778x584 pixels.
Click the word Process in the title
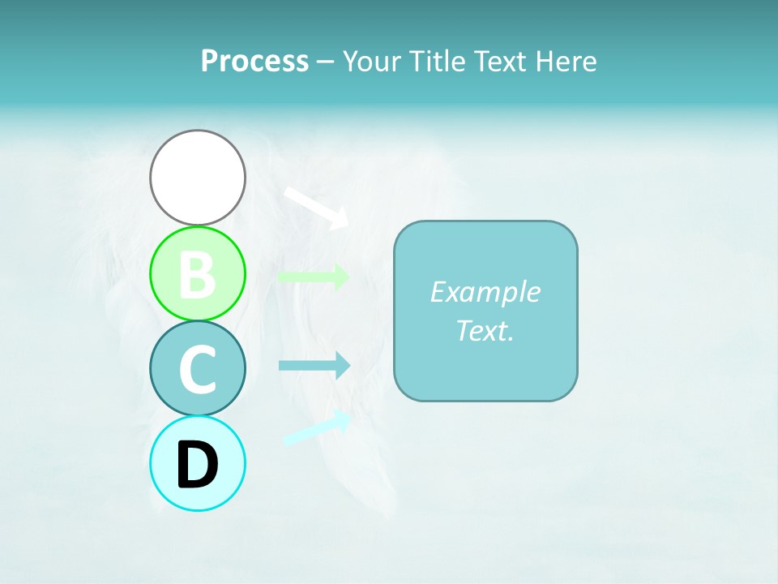(254, 61)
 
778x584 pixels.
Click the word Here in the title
(569, 61)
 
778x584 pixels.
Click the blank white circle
(198, 177)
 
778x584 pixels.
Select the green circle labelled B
(198, 273)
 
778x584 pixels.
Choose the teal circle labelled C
(198, 368)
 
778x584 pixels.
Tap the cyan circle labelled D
(198, 464)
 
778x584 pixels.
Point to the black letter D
(198, 465)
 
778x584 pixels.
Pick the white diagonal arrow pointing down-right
(315, 206)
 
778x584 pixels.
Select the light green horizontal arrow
(313, 276)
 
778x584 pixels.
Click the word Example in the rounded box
(485, 291)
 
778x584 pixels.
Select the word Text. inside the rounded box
(485, 330)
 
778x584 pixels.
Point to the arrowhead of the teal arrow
(343, 366)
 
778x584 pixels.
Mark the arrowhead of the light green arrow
(343, 276)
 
